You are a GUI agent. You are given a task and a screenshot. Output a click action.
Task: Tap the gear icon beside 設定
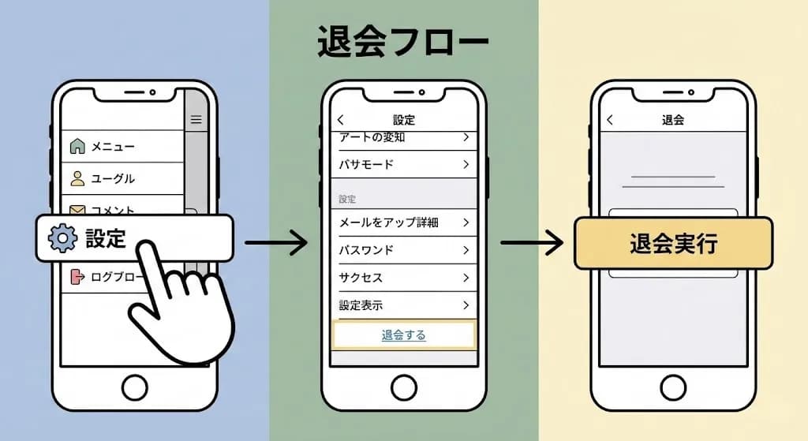tap(62, 238)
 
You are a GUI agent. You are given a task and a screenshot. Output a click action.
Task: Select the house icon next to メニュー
tap(77, 146)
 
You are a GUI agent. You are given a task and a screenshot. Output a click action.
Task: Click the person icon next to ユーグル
tap(77, 178)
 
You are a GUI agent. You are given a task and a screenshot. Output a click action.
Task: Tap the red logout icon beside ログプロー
tap(77, 277)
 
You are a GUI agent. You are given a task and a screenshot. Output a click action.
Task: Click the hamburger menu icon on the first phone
tap(196, 120)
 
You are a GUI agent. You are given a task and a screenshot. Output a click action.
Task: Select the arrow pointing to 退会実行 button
tap(532, 242)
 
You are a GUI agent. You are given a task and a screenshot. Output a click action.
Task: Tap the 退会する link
tap(403, 335)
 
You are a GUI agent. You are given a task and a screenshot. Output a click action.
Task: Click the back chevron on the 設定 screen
tap(341, 120)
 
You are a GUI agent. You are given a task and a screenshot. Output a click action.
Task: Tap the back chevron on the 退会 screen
tap(610, 120)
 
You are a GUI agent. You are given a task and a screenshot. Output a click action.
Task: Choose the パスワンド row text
tap(366, 250)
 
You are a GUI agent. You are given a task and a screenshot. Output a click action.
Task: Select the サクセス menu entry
tap(361, 278)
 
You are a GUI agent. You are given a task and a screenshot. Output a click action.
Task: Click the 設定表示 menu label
tap(361, 305)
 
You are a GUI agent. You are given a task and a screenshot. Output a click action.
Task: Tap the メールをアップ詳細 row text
tap(388, 222)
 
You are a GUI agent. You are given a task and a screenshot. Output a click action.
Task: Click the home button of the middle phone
tap(404, 387)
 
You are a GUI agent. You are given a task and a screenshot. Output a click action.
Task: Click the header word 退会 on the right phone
tap(673, 120)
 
